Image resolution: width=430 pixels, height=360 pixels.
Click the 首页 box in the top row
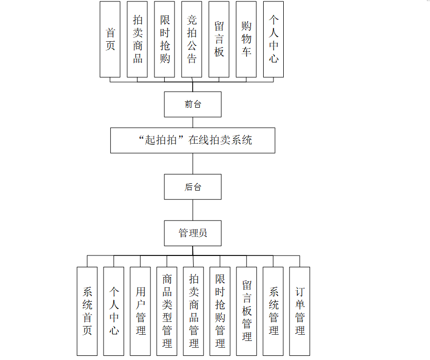(x=110, y=39)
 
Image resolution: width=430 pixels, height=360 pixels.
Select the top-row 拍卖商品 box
(x=137, y=39)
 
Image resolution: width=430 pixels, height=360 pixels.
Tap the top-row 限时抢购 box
(x=165, y=39)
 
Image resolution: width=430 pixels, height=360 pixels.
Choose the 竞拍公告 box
(x=192, y=39)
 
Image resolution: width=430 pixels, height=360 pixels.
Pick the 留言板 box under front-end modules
(x=219, y=39)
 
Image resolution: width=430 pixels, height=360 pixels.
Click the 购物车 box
(x=246, y=39)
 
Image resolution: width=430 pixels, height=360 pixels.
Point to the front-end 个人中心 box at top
(x=273, y=39)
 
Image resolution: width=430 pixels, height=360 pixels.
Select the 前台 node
(x=193, y=105)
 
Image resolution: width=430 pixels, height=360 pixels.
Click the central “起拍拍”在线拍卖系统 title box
(x=193, y=140)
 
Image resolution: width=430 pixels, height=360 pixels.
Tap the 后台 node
(x=193, y=187)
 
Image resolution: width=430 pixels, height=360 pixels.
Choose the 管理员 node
(x=193, y=233)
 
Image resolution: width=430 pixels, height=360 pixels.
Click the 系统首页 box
(x=87, y=311)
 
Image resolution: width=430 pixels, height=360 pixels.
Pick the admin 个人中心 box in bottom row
(x=114, y=311)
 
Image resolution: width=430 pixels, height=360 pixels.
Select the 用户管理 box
(x=141, y=311)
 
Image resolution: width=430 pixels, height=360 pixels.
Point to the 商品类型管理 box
(x=167, y=311)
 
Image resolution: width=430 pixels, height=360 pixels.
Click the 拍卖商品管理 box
(x=194, y=311)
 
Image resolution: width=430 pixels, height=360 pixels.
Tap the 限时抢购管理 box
(x=220, y=311)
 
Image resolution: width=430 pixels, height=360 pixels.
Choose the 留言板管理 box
(x=247, y=311)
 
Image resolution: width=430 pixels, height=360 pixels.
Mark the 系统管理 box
(x=273, y=311)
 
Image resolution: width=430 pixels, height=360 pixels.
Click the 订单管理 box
(x=300, y=311)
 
